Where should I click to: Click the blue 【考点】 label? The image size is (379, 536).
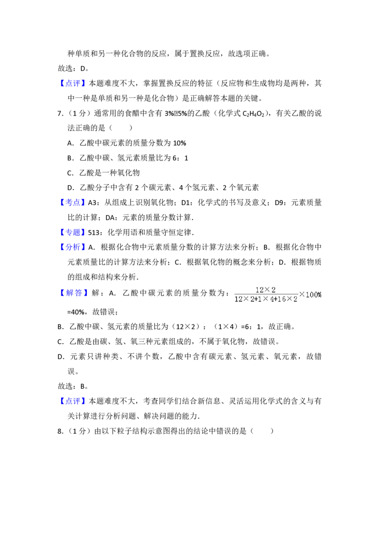(x=73, y=203)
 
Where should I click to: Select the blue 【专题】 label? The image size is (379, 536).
(x=73, y=232)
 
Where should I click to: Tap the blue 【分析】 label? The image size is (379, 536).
(x=73, y=247)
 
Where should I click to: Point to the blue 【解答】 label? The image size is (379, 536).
(x=75, y=293)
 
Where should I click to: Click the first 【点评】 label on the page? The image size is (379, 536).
(x=73, y=83)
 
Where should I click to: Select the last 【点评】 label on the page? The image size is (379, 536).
(x=73, y=401)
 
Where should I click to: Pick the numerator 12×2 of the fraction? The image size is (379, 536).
(x=265, y=290)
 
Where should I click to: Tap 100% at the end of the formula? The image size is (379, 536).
(x=314, y=295)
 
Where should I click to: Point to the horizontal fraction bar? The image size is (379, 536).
(x=266, y=295)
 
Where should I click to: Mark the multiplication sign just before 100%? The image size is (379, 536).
(x=302, y=295)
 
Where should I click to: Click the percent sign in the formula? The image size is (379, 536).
(x=319, y=295)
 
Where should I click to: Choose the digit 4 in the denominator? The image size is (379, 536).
(x=273, y=299)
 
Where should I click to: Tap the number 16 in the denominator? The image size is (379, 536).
(x=283, y=299)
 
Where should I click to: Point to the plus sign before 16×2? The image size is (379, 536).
(x=277, y=299)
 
